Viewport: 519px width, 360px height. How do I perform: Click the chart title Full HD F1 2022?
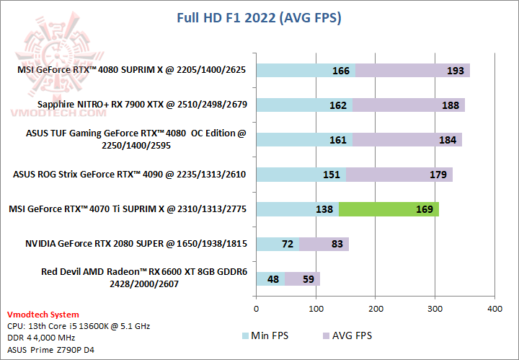[259, 17]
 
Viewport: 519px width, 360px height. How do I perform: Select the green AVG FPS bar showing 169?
[388, 209]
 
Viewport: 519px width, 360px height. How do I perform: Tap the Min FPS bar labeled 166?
[305, 70]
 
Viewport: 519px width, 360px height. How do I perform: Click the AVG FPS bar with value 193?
[412, 70]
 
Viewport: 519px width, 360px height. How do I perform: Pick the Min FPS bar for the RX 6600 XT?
[270, 278]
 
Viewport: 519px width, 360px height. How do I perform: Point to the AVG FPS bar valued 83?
[324, 244]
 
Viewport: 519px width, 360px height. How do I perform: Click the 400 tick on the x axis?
[494, 309]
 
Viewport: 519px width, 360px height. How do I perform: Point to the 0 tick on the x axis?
[256, 309]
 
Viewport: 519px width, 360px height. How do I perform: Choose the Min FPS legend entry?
[265, 335]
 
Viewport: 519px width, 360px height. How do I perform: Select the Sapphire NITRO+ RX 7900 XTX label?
[143, 105]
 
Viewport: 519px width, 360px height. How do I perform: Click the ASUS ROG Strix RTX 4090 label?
[130, 174]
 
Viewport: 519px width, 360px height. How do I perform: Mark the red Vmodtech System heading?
[43, 315]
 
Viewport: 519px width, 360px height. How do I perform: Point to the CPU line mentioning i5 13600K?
[78, 326]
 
